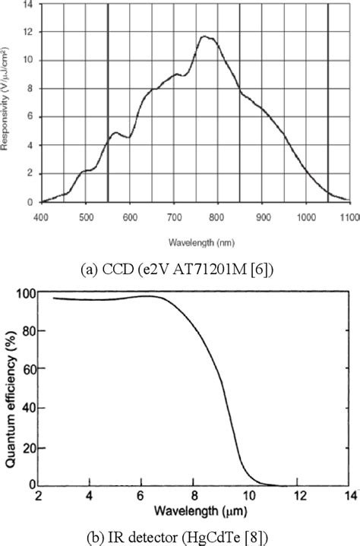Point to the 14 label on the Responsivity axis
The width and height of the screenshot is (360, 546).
pos(28,5)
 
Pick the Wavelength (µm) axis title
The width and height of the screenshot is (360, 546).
pos(195,516)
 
